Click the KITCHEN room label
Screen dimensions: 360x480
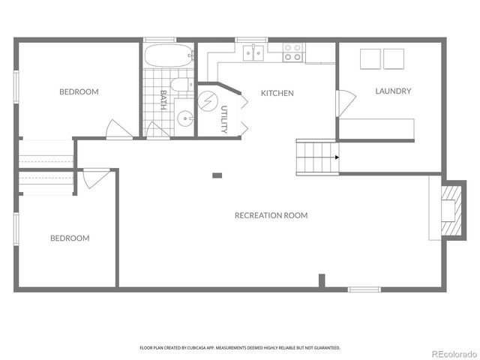[x=277, y=94]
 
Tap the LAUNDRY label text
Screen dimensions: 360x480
[x=393, y=91]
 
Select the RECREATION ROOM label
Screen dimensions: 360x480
[x=271, y=215]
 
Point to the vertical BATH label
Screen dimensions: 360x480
[x=163, y=100]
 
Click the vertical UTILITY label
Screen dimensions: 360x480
[x=223, y=120]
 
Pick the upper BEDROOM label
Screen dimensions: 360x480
[x=79, y=92]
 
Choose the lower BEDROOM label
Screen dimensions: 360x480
[x=70, y=238]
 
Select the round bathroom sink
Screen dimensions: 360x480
[x=184, y=118]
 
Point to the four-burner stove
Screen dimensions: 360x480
[x=292, y=52]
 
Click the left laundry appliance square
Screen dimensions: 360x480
[x=370, y=58]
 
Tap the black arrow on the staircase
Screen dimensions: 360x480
[x=337, y=157]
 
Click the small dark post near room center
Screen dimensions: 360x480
[x=217, y=175]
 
